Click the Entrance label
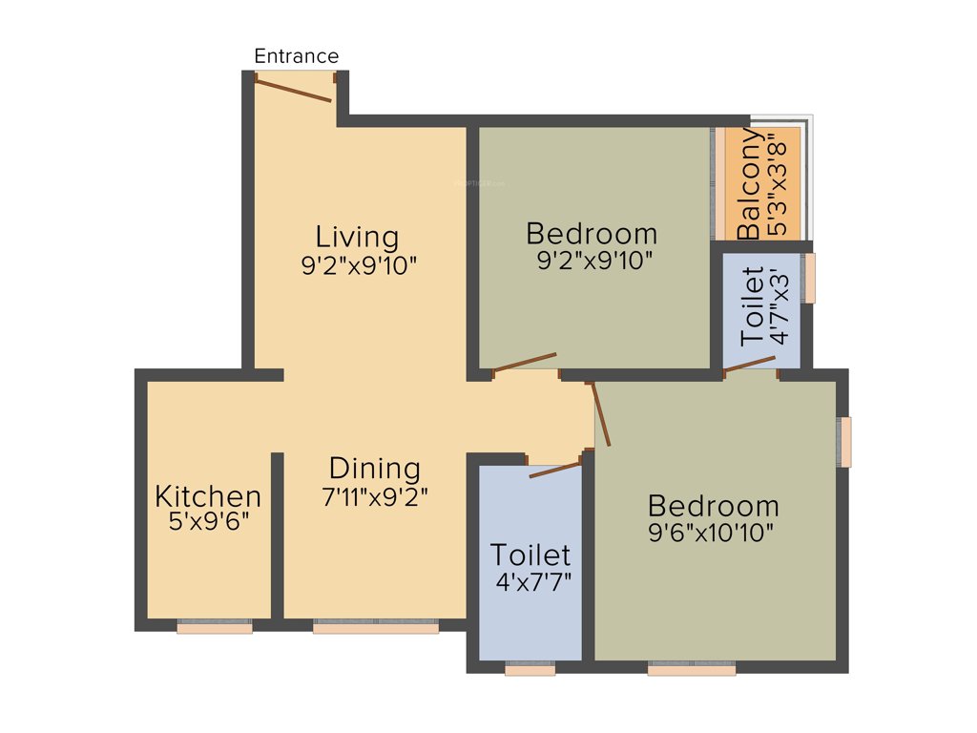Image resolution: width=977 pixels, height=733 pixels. [296, 56]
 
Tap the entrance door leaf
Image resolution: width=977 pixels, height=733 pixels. [295, 89]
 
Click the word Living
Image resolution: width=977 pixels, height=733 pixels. [357, 236]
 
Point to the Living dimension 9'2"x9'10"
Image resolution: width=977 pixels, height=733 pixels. [360, 265]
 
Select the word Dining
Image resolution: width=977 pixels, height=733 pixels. [374, 469]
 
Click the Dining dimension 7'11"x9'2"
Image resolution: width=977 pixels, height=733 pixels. [374, 496]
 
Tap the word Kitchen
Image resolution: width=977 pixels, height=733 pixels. [208, 496]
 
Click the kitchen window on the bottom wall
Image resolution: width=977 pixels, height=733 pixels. [215, 628]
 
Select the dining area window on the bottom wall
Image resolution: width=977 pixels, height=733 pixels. [376, 628]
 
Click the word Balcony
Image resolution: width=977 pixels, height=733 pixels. [751, 184]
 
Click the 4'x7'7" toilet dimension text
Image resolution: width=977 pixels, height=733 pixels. [530, 582]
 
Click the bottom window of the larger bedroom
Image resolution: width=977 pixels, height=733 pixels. [692, 671]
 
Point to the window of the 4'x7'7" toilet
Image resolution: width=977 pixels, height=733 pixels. [530, 671]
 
